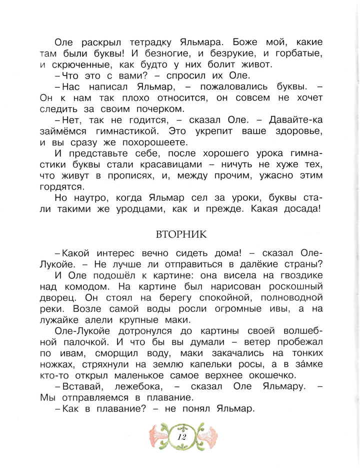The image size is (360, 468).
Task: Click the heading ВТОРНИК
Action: tap(180, 235)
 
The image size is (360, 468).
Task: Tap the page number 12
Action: tap(181, 436)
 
